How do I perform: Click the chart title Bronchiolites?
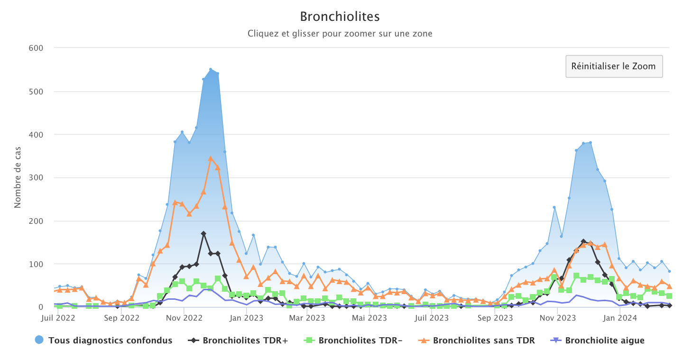(x=340, y=17)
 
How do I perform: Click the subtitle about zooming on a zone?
(x=340, y=34)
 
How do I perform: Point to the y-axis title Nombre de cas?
(x=18, y=177)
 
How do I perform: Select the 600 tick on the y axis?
(x=36, y=48)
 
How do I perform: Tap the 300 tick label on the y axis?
(x=36, y=177)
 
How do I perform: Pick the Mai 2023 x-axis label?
(x=369, y=318)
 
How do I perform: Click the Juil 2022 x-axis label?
(x=58, y=318)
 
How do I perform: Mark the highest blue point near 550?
(x=211, y=69)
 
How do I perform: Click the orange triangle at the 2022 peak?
(x=211, y=158)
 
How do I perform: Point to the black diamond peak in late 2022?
(x=203, y=234)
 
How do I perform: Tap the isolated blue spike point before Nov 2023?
(x=554, y=207)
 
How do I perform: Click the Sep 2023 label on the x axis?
(x=495, y=318)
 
